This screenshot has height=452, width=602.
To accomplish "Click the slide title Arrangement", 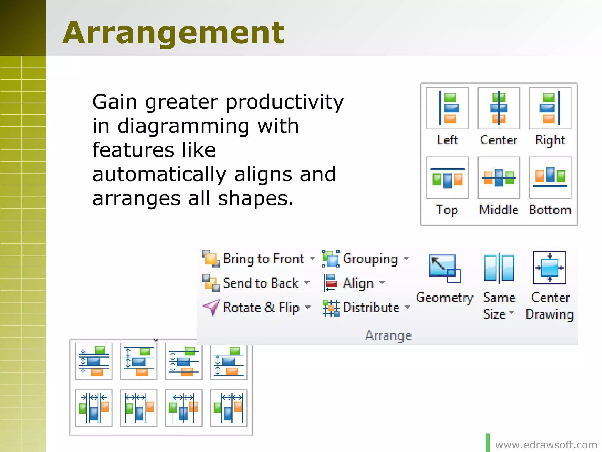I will coord(173,33).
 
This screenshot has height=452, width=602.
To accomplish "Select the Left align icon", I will coord(447,108).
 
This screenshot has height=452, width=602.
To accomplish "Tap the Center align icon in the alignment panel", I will coord(499,108).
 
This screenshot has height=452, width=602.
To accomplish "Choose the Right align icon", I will coord(550,108).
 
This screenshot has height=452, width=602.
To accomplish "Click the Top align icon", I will coord(447,178).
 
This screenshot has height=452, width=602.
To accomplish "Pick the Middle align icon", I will coord(499,178).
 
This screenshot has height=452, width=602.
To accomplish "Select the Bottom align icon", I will coord(550,178).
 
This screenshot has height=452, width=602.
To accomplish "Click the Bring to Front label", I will coord(264,259).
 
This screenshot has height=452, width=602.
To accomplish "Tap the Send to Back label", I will coord(261,283).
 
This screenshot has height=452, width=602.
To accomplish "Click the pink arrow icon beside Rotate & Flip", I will coord(211,307).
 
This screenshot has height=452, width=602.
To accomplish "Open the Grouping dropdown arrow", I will coord(406,258).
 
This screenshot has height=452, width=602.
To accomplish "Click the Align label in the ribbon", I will coord(358,283).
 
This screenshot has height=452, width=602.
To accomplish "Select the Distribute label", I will coord(371,308).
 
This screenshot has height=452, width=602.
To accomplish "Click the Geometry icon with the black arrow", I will coord(444,268).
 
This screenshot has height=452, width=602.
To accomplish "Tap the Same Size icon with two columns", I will coord(499,268).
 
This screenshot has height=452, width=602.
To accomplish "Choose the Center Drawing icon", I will coord(549,267).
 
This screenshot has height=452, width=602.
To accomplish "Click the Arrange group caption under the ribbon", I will coord(388,335).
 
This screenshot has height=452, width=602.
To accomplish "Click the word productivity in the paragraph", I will coord(285,102).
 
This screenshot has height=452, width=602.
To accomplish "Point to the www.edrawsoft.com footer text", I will coord(546,445).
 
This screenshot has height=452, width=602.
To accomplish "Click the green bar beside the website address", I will coord(488,443).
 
